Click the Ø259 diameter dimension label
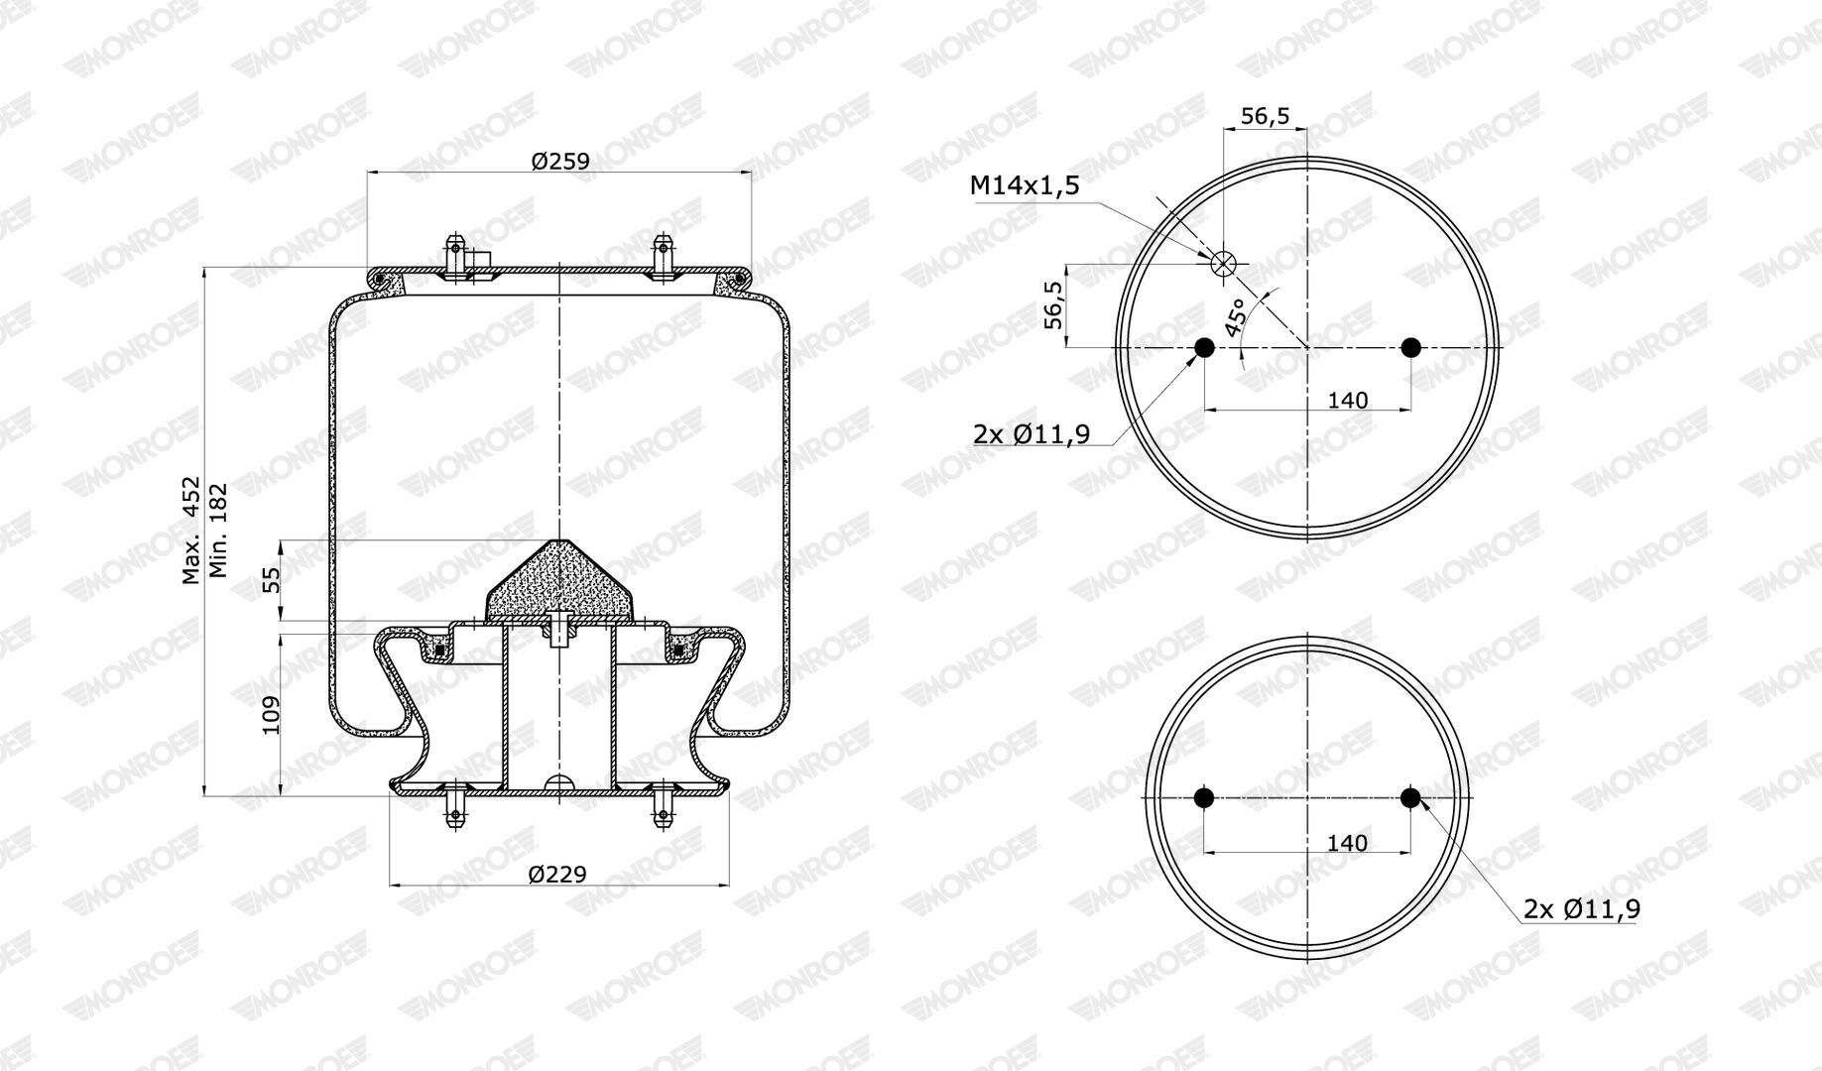click(560, 161)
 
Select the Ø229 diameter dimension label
click(557, 874)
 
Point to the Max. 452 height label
click(191, 531)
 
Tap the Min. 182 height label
click(219, 531)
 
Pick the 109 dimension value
click(271, 714)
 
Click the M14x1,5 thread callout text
click(1025, 185)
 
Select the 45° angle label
click(1237, 317)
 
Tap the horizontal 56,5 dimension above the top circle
click(1266, 116)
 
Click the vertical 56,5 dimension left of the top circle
click(1053, 304)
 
